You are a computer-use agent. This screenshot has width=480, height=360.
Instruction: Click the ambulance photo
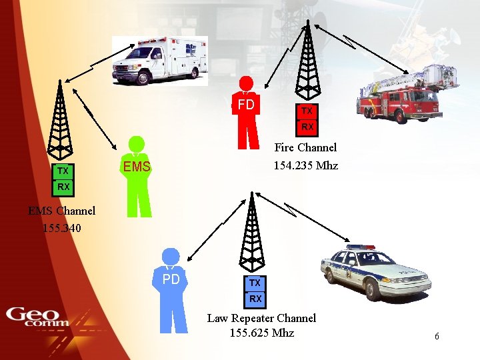pos(160,61)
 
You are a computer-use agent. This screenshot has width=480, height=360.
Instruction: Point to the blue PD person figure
pos(171,290)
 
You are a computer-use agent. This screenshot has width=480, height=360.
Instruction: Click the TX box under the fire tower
pos(307,111)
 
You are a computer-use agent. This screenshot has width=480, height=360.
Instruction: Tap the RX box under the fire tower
pos(307,127)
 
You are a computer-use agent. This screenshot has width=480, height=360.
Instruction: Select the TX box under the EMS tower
pos(63,171)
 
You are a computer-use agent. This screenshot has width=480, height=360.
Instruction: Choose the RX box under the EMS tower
pos(63,187)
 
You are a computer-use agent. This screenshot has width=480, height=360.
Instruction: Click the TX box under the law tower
pos(255,283)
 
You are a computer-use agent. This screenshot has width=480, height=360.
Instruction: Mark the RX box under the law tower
pos(255,299)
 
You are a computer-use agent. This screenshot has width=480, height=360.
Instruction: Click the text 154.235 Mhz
pos(306,165)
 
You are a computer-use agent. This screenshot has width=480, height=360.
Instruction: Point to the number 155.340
pos(62,227)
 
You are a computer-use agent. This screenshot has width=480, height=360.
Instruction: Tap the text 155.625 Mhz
pos(261,333)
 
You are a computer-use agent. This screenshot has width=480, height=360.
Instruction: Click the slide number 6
pos(437,337)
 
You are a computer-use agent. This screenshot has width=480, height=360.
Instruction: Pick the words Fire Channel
pos(306,147)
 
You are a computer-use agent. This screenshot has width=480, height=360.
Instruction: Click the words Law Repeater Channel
pos(261,318)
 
